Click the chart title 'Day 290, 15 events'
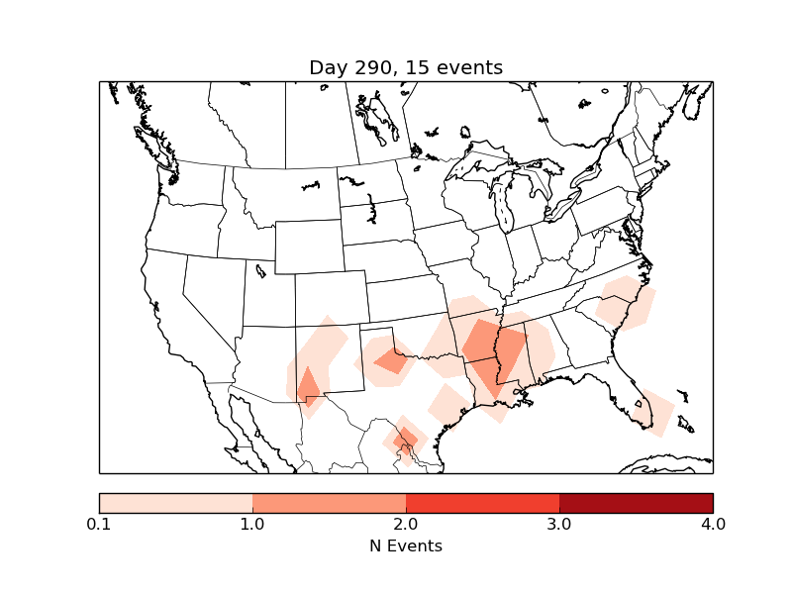[406, 67]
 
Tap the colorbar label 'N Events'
[406, 545]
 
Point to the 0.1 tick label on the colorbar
[99, 524]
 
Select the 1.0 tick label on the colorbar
[252, 524]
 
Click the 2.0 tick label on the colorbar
[406, 524]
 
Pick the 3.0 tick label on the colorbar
[559, 524]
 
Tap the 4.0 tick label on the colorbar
[713, 524]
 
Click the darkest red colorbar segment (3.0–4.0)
[636, 502]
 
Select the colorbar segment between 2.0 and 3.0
[482, 502]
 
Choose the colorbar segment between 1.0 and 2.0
[329, 502]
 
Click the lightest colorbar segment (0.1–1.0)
[175, 502]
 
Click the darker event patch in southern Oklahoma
[392, 361]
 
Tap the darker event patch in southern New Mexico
[309, 386]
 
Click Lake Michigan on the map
[502, 208]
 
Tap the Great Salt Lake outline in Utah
[260, 269]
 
